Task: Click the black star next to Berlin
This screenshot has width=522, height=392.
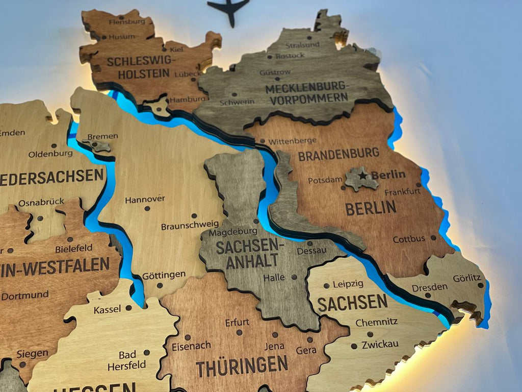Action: (362, 176)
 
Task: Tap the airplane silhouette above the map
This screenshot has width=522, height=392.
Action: (229, 9)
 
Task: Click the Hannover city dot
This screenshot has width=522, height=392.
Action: (147, 208)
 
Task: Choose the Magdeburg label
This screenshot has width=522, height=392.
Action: (232, 232)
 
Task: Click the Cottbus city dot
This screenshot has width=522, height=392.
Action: (433, 237)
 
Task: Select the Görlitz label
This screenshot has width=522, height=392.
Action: (467, 278)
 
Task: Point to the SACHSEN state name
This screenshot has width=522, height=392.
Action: (352, 303)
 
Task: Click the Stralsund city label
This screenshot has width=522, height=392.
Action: (303, 45)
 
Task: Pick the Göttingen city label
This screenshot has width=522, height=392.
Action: (164, 275)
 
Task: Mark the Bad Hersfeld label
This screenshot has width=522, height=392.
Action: (126, 360)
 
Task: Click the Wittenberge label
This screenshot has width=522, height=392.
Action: (292, 140)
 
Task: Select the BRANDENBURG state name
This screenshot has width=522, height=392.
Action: (338, 154)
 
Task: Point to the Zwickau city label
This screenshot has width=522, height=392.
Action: (380, 345)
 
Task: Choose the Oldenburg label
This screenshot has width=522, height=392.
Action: (50, 154)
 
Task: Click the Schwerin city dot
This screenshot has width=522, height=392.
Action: (234, 94)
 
